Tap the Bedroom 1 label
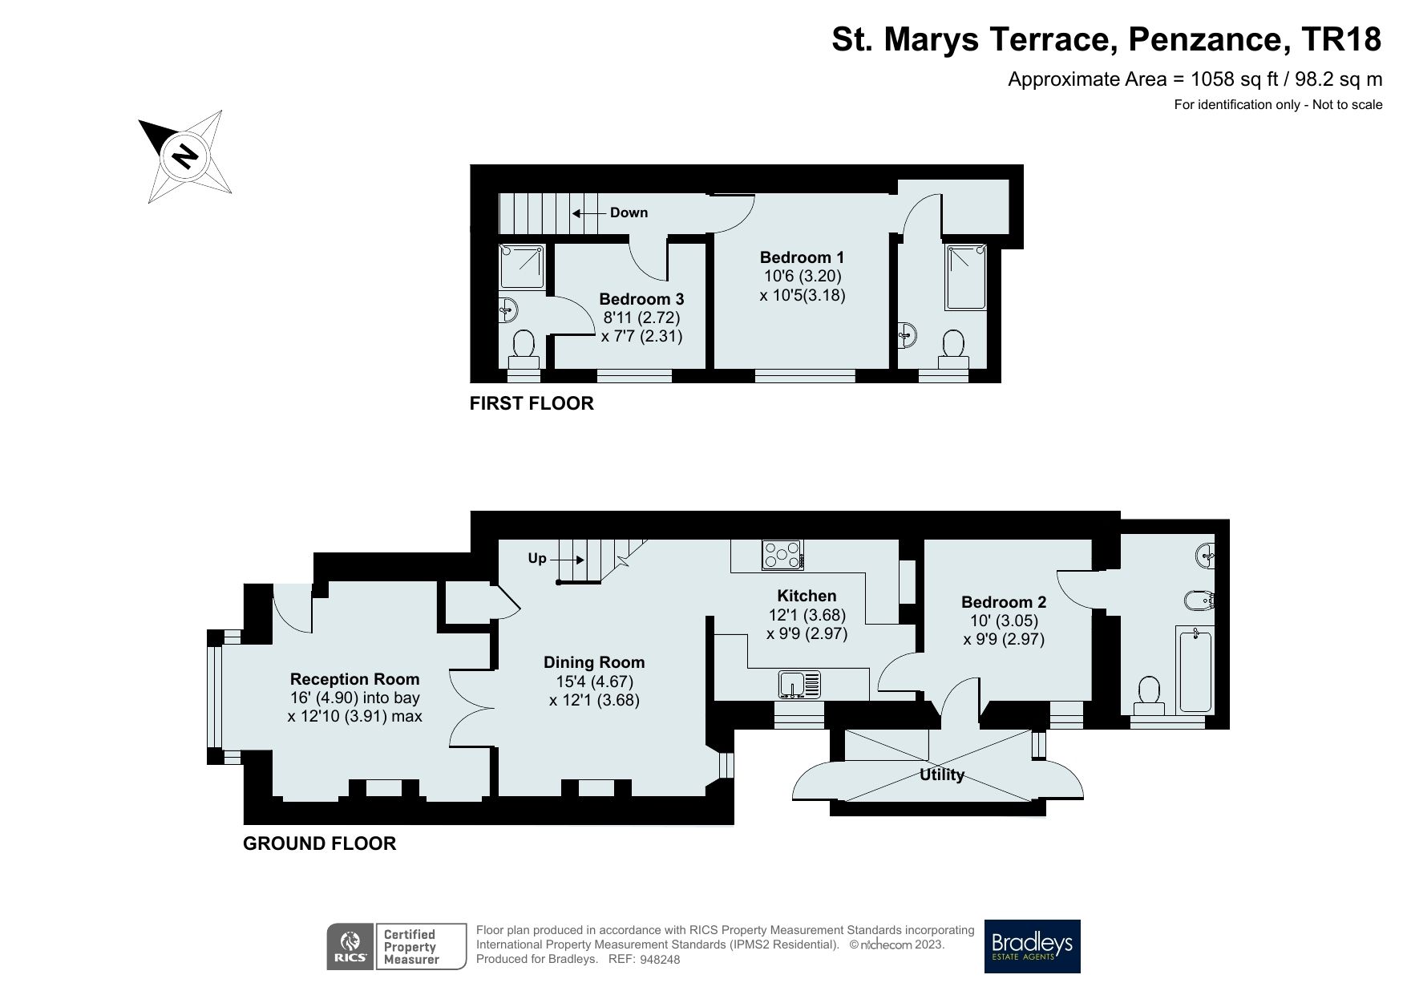click(x=802, y=257)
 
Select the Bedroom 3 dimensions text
click(x=641, y=327)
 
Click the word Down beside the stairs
click(x=629, y=212)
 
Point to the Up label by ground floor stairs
click(x=537, y=558)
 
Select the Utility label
click(x=941, y=775)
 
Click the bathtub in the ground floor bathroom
click(x=1195, y=670)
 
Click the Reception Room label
click(x=354, y=679)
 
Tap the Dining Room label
click(x=594, y=662)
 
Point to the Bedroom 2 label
click(x=1004, y=602)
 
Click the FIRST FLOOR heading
click(x=532, y=403)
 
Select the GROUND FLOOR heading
click(x=319, y=843)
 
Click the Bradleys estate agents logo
click(x=1032, y=946)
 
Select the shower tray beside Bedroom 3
click(x=523, y=268)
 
